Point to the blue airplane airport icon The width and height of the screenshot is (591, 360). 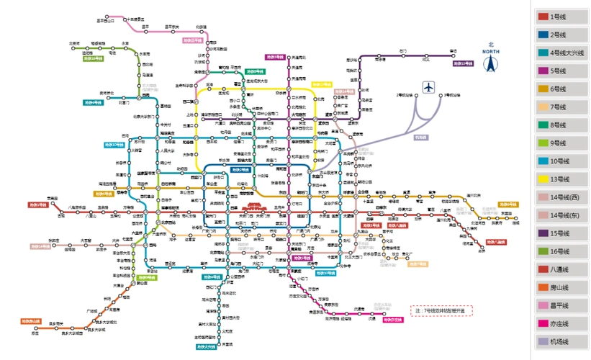pos(430,87)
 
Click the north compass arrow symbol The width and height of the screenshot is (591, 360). pos(492,63)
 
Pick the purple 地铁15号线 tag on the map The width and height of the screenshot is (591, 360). pos(463,64)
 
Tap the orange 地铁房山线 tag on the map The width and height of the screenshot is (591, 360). pos(32,321)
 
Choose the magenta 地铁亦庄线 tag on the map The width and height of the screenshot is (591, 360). pos(392,318)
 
